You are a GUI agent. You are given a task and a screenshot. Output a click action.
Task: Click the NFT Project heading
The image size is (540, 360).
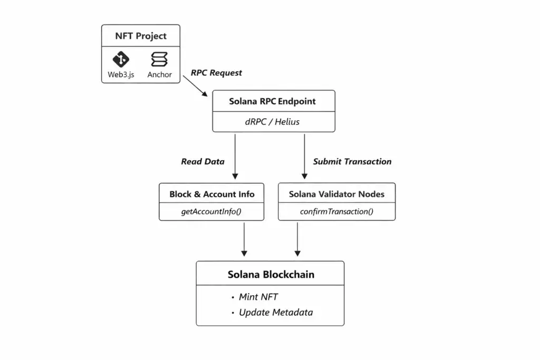[141, 36]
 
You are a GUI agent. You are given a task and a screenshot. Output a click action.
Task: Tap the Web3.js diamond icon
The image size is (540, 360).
[121, 59]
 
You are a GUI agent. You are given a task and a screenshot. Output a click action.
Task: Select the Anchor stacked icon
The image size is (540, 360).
[159, 59]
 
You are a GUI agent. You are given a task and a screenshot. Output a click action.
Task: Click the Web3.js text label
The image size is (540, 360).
[121, 75]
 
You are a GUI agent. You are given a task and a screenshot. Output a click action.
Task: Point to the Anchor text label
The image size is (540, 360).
[159, 75]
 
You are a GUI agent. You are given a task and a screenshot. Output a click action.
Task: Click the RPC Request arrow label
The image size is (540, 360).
[216, 73]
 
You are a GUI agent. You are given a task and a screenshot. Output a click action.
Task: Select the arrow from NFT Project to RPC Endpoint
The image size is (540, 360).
[196, 86]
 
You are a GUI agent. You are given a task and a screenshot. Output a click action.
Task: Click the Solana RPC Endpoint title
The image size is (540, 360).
[273, 101]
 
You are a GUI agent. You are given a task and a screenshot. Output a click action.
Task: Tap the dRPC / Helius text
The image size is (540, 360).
[273, 122]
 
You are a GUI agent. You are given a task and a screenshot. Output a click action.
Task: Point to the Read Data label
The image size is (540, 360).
[202, 162]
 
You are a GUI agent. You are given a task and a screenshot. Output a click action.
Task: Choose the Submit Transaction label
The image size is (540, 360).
[352, 162]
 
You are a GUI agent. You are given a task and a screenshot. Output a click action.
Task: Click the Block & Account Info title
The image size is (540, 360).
[211, 194]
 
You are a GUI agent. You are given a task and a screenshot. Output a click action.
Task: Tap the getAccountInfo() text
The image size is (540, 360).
[211, 212]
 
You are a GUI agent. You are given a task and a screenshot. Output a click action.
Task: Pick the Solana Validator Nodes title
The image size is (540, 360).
[336, 194]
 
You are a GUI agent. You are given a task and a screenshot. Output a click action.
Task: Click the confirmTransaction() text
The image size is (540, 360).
[336, 212]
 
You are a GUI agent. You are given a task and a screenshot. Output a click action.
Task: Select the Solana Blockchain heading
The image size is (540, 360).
[271, 275]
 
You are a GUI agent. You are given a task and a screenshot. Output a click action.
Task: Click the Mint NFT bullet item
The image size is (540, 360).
[258, 297]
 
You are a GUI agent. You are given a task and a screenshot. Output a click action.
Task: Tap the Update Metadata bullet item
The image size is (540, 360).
[275, 313]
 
